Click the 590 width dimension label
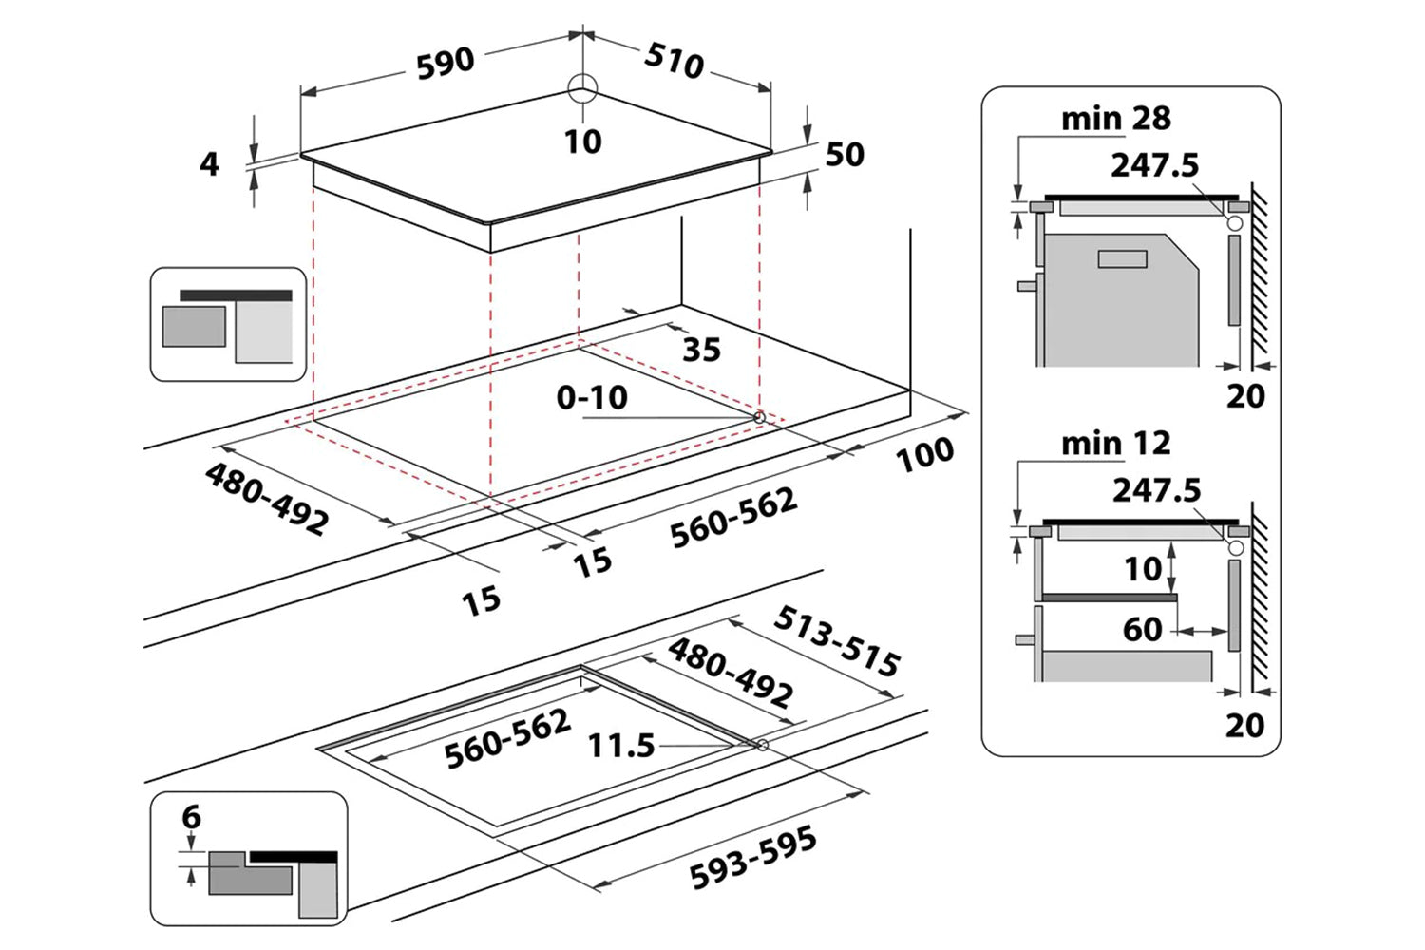pyautogui.click(x=446, y=63)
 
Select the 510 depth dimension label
pyautogui.click(x=674, y=60)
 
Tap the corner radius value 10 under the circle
pyautogui.click(x=582, y=142)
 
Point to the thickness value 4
pyautogui.click(x=209, y=164)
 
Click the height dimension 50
pyautogui.click(x=845, y=155)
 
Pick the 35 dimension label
pyautogui.click(x=701, y=350)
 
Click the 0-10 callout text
pyautogui.click(x=592, y=397)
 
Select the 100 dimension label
pyautogui.click(x=924, y=454)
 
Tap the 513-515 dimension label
pyautogui.click(x=836, y=642)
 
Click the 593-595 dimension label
pyautogui.click(x=753, y=858)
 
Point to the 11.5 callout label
pyautogui.click(x=621, y=746)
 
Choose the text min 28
pyautogui.click(x=1115, y=119)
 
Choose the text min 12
pyautogui.click(x=1115, y=443)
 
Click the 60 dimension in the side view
pyautogui.click(x=1142, y=629)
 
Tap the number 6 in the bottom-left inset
pyautogui.click(x=192, y=817)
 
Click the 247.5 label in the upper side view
pyautogui.click(x=1155, y=165)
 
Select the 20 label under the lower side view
pyautogui.click(x=1244, y=725)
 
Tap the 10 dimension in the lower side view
pyautogui.click(x=1143, y=568)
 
